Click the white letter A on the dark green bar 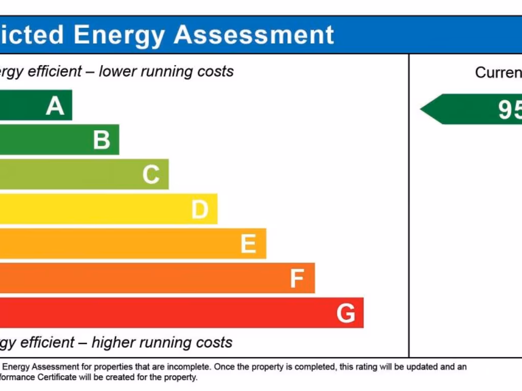pyautogui.click(x=55, y=106)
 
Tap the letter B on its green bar pyautogui.click(x=101, y=140)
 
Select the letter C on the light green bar pyautogui.click(x=151, y=175)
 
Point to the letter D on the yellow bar pyautogui.click(x=200, y=209)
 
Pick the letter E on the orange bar pyautogui.click(x=248, y=244)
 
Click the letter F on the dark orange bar pyautogui.click(x=297, y=278)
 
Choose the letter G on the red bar pyautogui.click(x=346, y=313)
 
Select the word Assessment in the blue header pyautogui.click(x=254, y=35)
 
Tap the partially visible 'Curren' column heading pyautogui.click(x=498, y=72)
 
